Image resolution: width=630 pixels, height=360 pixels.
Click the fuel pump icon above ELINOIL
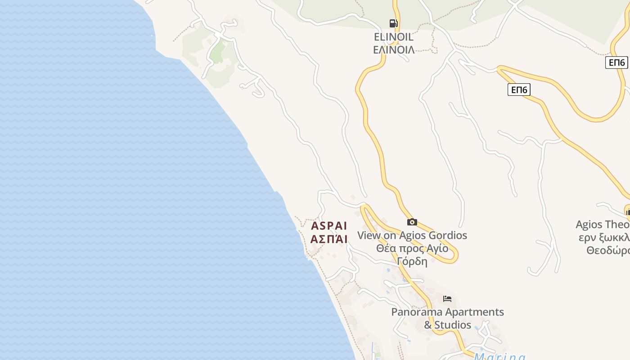pos(393,23)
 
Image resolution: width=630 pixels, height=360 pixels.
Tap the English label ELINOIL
pos(394,37)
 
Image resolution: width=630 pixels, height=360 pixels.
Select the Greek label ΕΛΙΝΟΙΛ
pos(394,49)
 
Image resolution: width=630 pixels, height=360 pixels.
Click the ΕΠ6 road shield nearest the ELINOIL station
pos(519,90)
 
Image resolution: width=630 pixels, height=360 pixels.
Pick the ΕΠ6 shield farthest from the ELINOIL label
pos(616,63)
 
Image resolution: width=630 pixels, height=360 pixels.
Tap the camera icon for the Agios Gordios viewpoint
pos(412,222)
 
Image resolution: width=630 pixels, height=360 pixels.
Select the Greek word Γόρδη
pos(412,261)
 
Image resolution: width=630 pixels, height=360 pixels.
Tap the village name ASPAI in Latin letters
pos(329,226)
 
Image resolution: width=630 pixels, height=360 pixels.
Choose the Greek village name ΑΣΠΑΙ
pos(329,239)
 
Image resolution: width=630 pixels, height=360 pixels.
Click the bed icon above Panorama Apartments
pos(447,299)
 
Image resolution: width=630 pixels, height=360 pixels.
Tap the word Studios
pos(453,325)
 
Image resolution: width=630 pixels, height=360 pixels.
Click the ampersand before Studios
pos(428,325)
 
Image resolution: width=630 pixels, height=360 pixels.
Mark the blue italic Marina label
pos(499,356)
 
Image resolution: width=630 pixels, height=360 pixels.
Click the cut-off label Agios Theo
pos(602,225)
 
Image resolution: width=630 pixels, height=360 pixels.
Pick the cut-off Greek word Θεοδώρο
pos(607,250)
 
